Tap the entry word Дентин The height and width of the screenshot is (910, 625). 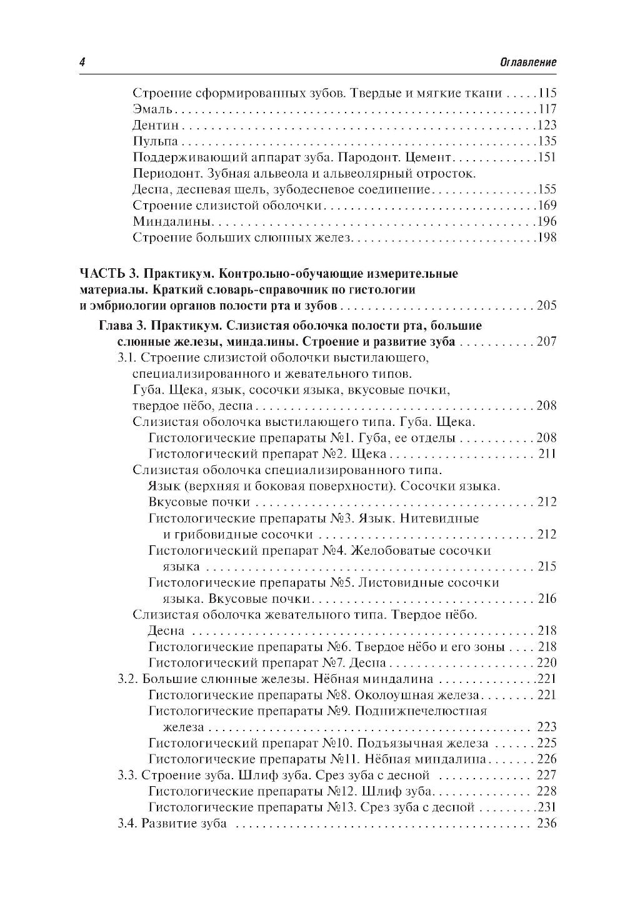[x=152, y=125]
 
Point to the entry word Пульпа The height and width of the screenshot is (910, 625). [x=151, y=141]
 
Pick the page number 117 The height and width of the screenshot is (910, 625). [x=546, y=109]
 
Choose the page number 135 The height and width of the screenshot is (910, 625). [x=546, y=141]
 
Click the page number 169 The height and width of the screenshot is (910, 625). [x=546, y=206]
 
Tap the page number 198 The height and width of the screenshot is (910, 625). [x=546, y=238]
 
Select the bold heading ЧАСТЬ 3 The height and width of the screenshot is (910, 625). [x=106, y=274]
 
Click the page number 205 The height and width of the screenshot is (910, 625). [x=546, y=306]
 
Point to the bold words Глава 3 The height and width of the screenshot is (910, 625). [x=122, y=326]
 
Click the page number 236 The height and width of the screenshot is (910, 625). [x=546, y=824]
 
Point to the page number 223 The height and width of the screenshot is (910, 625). [x=546, y=727]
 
